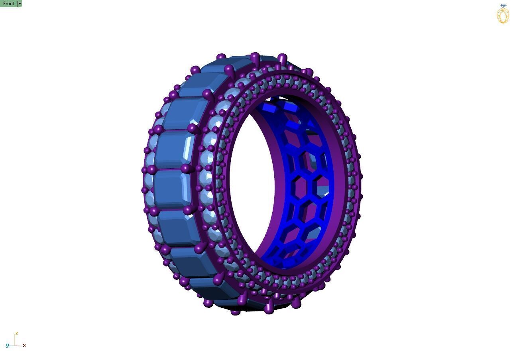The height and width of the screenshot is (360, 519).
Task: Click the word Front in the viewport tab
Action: [8, 4]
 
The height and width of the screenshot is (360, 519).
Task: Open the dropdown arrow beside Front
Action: [20, 4]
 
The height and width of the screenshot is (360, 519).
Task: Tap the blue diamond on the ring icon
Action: [503, 6]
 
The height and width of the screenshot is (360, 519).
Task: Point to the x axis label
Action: [24, 345]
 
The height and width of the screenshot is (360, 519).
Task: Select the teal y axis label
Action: [7, 345]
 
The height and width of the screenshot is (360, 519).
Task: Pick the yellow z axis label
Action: [16, 333]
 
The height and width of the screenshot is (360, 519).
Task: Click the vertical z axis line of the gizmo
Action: [15, 340]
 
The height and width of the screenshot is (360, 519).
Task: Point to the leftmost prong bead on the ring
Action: [144, 170]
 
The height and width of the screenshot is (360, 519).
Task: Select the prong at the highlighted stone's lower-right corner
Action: [186, 168]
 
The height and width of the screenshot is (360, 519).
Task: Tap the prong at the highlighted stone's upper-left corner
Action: [158, 130]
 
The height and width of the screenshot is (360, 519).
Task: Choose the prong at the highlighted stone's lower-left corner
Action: [152, 170]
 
